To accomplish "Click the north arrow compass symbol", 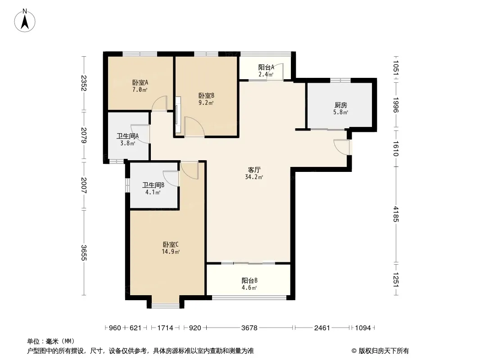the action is [25, 21].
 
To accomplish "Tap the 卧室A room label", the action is [140, 83].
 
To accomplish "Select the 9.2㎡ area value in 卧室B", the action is [206, 103].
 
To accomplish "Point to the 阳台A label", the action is [266, 67].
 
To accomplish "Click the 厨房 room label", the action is [341, 105].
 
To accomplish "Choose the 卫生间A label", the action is [127, 136].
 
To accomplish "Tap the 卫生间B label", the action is [153, 185].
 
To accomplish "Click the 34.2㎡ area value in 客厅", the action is [254, 177].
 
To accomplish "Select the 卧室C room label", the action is [171, 245].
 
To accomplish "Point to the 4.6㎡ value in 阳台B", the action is [249, 288].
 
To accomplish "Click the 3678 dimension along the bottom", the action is [249, 328].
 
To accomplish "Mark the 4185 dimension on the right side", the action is [396, 214].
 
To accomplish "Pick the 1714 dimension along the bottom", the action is [165, 328].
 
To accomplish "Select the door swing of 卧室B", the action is [194, 126].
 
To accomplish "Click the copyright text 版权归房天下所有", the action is [384, 351].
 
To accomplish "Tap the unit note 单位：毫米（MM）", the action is [51, 342].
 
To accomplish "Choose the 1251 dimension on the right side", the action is [396, 279].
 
